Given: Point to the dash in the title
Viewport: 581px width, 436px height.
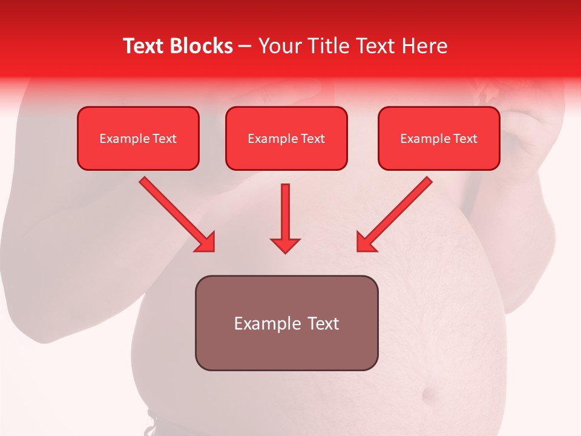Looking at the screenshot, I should pyautogui.click(x=246, y=47).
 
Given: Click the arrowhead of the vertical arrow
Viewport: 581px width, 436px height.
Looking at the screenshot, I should pyautogui.click(x=285, y=245).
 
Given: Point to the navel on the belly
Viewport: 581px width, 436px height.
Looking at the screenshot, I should pyautogui.click(x=432, y=397).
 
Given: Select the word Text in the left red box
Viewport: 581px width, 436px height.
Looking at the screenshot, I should pyautogui.click(x=164, y=139).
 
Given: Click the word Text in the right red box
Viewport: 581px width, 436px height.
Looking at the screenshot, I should pyautogui.click(x=465, y=139).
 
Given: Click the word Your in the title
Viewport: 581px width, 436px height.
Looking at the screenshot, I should pyautogui.click(x=277, y=46).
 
